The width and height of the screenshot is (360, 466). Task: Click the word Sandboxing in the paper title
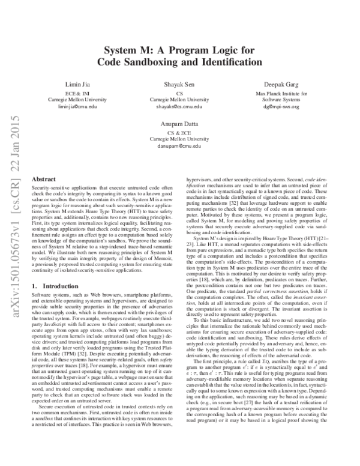(x=167, y=62)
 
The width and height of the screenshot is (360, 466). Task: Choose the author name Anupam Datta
(x=180, y=124)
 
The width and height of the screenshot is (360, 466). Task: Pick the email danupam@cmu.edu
(x=180, y=145)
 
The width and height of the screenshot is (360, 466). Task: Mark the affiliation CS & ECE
(x=180, y=132)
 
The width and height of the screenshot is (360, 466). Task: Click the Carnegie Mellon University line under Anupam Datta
(x=180, y=138)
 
